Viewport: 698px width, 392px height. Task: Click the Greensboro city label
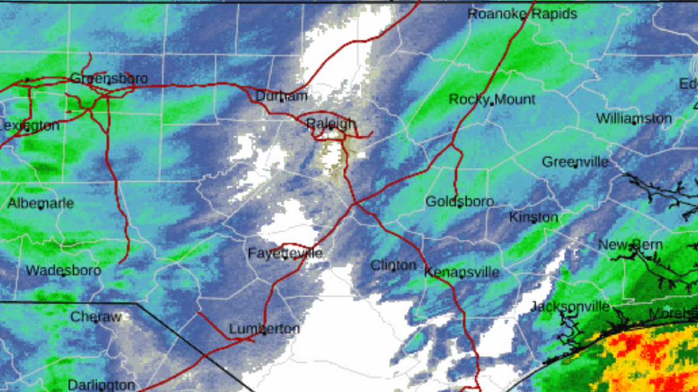109,78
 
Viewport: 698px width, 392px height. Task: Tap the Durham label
281,96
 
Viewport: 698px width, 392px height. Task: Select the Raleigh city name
331,124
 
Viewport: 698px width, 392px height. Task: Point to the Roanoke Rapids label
522,13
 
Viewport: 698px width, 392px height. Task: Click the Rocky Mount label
492,99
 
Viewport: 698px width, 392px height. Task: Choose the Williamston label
634,118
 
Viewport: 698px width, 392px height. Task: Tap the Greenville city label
575,162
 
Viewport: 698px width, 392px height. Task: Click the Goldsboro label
460,201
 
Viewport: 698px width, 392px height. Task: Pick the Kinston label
533,217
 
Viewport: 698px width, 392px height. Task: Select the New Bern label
630,245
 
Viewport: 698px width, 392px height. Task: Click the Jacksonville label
569,306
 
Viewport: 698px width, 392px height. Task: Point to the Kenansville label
462,272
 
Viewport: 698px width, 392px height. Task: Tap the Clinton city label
393,265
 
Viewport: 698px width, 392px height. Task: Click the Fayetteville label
285,253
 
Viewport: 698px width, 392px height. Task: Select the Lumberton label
264,329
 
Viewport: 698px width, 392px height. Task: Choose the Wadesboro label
63,270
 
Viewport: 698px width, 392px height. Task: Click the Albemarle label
40,204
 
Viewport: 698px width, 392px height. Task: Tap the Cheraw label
96,317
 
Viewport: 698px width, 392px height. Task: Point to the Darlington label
101,385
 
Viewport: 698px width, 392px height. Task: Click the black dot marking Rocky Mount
492,104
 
